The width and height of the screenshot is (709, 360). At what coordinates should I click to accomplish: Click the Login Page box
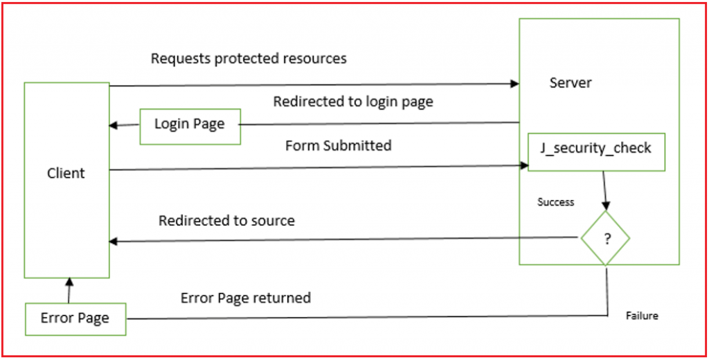pyautogui.click(x=190, y=125)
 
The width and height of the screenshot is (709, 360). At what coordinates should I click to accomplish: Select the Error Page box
pyautogui.click(x=75, y=318)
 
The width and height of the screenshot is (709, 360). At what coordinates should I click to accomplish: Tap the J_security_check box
pyautogui.click(x=596, y=152)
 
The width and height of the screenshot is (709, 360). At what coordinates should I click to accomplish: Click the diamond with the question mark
pyautogui.click(x=605, y=238)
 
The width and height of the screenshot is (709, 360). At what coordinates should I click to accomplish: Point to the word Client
pyautogui.click(x=66, y=173)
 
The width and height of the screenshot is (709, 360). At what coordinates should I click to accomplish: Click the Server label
pyautogui.click(x=571, y=83)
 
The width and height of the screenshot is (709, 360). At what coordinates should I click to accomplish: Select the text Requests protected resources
pyautogui.click(x=249, y=59)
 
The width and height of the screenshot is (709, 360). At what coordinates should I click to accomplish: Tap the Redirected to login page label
pyautogui.click(x=353, y=102)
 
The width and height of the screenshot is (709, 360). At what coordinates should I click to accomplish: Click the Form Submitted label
pyautogui.click(x=338, y=145)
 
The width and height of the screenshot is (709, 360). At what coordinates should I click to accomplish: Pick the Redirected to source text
pyautogui.click(x=226, y=221)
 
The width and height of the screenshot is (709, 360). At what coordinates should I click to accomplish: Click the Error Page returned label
pyautogui.click(x=246, y=298)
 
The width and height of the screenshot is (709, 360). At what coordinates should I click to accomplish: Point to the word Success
pyautogui.click(x=556, y=202)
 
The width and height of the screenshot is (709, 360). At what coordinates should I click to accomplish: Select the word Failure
pyautogui.click(x=642, y=316)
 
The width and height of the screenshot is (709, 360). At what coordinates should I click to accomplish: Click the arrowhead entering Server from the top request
pyautogui.click(x=514, y=84)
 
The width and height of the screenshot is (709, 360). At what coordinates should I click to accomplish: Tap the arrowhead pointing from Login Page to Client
pyautogui.click(x=114, y=125)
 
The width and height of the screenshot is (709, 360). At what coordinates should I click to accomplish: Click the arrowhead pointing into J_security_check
pyautogui.click(x=523, y=165)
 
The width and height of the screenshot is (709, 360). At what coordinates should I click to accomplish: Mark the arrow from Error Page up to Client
pyautogui.click(x=69, y=291)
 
